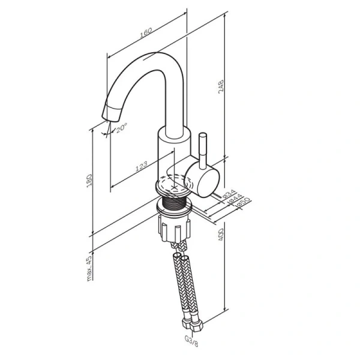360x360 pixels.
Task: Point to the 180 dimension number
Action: click(x=89, y=180)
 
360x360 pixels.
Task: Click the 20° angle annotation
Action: click(x=122, y=128)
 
